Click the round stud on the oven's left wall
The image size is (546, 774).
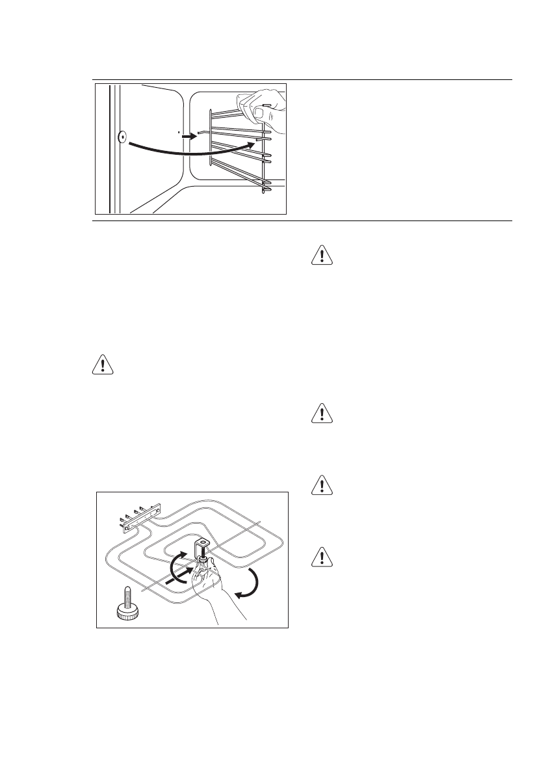[x=122, y=137]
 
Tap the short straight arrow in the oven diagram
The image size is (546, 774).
[x=188, y=137]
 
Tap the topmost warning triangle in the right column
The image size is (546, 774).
[x=322, y=255]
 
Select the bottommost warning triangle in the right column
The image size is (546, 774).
[x=322, y=557]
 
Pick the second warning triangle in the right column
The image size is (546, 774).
[x=322, y=414]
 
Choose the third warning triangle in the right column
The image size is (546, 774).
[x=322, y=485]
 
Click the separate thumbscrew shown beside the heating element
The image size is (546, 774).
[x=126, y=602]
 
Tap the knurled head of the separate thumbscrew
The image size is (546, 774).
[x=125, y=611]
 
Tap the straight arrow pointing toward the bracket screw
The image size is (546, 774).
[x=181, y=577]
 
